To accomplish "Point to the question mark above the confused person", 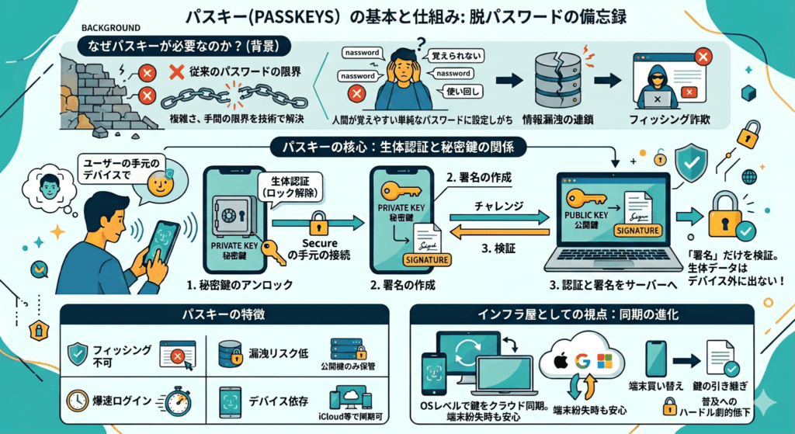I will [x=422, y=44].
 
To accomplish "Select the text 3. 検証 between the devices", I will [x=495, y=250].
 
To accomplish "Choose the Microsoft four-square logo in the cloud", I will [x=602, y=360].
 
